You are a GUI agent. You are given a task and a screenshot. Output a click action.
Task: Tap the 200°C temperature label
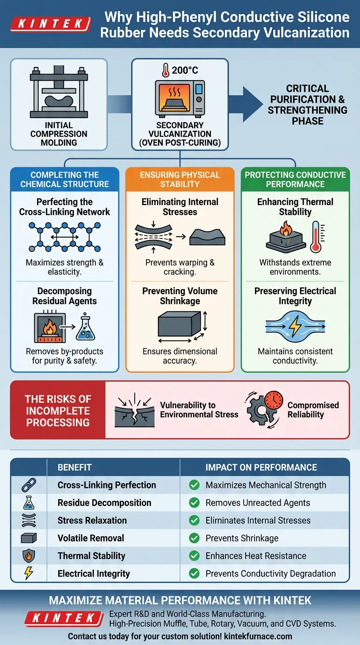180,71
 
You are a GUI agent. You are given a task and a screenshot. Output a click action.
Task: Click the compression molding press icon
59,93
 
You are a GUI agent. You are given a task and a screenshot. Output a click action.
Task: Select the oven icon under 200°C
180,97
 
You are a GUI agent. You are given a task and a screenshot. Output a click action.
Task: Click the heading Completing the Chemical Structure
65,180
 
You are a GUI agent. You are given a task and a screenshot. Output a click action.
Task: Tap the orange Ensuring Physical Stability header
180,180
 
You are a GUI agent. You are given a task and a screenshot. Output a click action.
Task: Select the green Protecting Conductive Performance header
295,180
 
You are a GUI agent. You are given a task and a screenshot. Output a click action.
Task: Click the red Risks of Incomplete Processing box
58,411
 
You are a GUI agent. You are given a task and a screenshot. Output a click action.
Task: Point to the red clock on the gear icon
273,400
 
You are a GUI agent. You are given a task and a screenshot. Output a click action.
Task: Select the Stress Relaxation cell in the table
92,520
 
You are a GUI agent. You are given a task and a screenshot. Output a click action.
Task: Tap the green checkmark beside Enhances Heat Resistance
194,556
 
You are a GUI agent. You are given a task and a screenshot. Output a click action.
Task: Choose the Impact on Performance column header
261,467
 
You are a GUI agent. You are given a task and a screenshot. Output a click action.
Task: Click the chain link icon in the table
29,485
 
